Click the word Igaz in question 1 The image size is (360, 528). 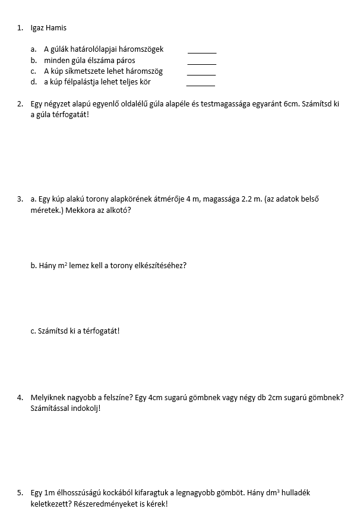(x=37, y=28)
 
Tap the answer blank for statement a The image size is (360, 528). (x=202, y=52)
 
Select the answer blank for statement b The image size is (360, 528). (x=202, y=63)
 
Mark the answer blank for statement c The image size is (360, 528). (x=201, y=74)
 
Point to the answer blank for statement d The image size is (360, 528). (x=200, y=84)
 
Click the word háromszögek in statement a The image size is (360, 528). (x=141, y=49)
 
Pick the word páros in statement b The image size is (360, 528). (x=125, y=60)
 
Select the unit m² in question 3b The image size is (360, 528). (x=62, y=265)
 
